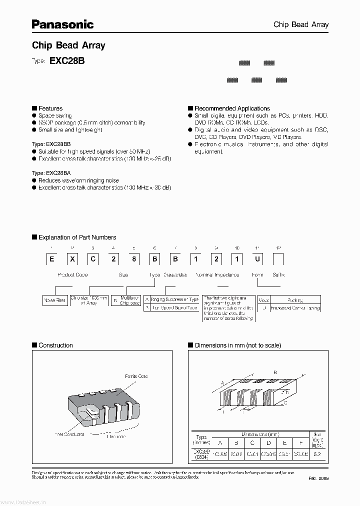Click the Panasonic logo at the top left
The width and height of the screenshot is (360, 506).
63,23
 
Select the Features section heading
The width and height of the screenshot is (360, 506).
50,108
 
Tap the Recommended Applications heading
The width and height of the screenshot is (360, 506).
231,108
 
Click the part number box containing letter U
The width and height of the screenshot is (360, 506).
257,260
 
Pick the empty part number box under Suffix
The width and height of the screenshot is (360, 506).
278,260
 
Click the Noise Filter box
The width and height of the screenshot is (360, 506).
54,300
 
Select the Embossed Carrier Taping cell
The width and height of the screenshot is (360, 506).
295,308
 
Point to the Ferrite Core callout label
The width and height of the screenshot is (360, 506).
136,376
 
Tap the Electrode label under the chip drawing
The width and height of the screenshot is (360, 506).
116,436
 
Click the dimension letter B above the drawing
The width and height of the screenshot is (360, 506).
275,372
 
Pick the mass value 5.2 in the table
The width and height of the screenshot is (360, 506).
317,454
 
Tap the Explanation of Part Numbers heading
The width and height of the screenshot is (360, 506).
76,237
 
